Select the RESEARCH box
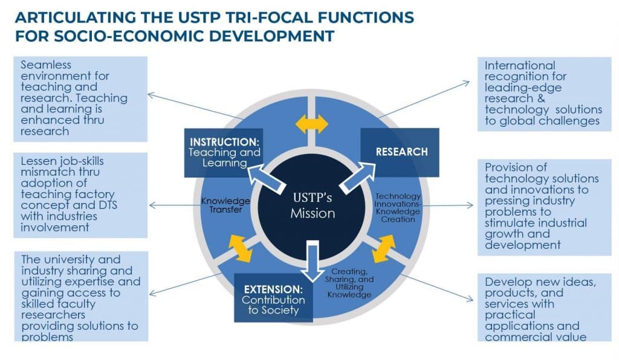tap(400, 151)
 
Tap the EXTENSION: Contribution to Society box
tap(273, 298)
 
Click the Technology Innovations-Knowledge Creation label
tap(395, 207)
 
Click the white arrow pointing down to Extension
tap(312, 260)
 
